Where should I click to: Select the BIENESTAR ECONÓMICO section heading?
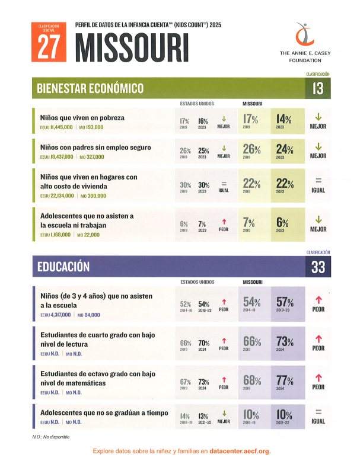(x=90, y=89)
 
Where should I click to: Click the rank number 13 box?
(x=318, y=89)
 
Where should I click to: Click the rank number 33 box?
(x=318, y=267)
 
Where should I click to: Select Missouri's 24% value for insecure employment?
(x=285, y=149)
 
